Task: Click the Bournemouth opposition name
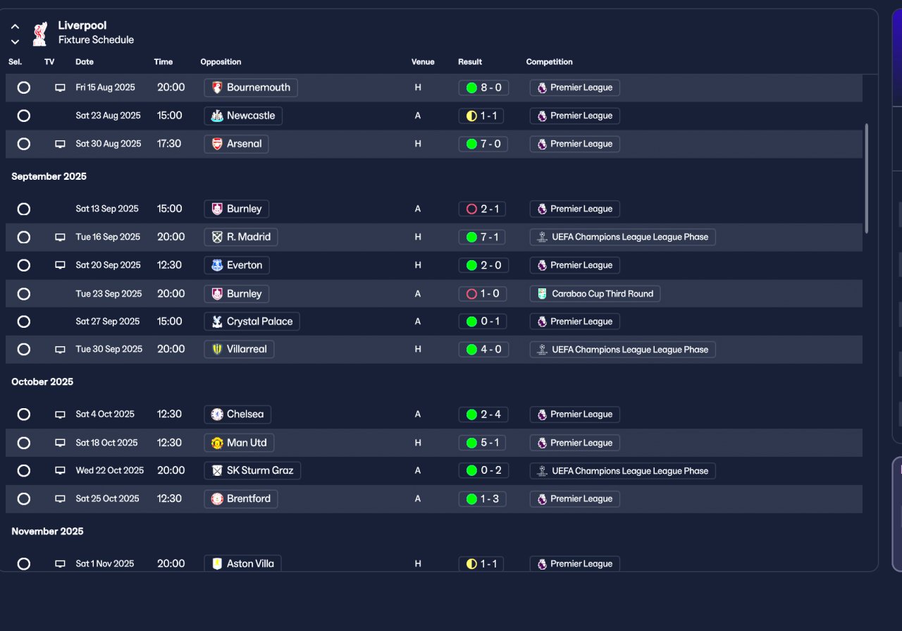[258, 87]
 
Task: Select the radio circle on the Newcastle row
[24, 116]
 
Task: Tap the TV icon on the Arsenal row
[60, 144]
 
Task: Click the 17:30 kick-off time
[169, 144]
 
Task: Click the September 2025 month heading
[49, 176]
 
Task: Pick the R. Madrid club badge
[217, 237]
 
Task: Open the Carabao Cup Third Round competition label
[602, 293]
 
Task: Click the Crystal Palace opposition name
[259, 321]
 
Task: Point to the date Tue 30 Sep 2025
[109, 349]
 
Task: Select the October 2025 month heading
[42, 381]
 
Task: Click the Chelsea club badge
[217, 415]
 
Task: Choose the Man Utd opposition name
[247, 443]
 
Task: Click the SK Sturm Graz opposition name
[260, 470]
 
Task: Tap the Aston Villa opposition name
[250, 563]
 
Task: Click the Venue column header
[423, 62]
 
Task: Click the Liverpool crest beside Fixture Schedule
[39, 33]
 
